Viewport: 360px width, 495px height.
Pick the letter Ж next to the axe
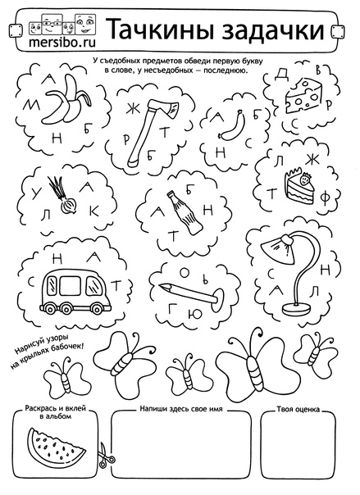click(x=130, y=111)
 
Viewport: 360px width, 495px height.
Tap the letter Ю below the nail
click(x=188, y=315)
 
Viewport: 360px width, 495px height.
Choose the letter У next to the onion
click(x=34, y=194)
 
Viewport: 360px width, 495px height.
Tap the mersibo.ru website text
click(x=62, y=43)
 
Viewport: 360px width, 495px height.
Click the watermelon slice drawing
click(x=53, y=448)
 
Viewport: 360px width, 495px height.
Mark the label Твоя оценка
click(x=298, y=409)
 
